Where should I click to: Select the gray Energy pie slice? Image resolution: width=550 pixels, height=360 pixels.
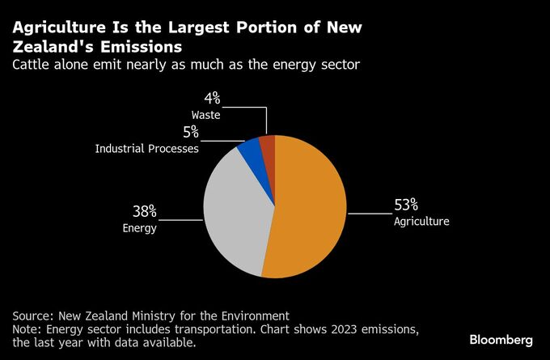[235, 210]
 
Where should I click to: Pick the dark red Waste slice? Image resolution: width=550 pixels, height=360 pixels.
[268, 146]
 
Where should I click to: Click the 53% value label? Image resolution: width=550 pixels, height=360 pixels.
[406, 205]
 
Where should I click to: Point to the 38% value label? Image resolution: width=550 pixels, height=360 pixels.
[145, 212]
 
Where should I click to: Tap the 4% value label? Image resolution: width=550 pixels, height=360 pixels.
[212, 100]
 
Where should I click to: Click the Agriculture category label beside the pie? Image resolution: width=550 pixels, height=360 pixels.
[421, 221]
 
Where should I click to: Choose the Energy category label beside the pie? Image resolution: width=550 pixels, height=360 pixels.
[140, 228]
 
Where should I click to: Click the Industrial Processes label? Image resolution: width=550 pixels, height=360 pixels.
[147, 149]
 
